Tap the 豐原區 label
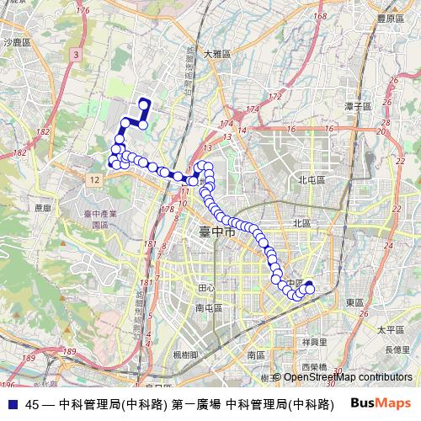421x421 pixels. tap(390, 16)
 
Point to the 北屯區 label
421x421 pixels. tap(312, 179)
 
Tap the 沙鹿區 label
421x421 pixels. tap(16, 41)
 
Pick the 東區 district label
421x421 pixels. tap(354, 301)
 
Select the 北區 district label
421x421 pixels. tap(301, 222)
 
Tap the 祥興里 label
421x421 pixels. tap(312, 342)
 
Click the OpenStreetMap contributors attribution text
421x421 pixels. tap(349, 377)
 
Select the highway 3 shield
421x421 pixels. tap(76, 55)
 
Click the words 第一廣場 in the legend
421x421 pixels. tap(197, 404)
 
